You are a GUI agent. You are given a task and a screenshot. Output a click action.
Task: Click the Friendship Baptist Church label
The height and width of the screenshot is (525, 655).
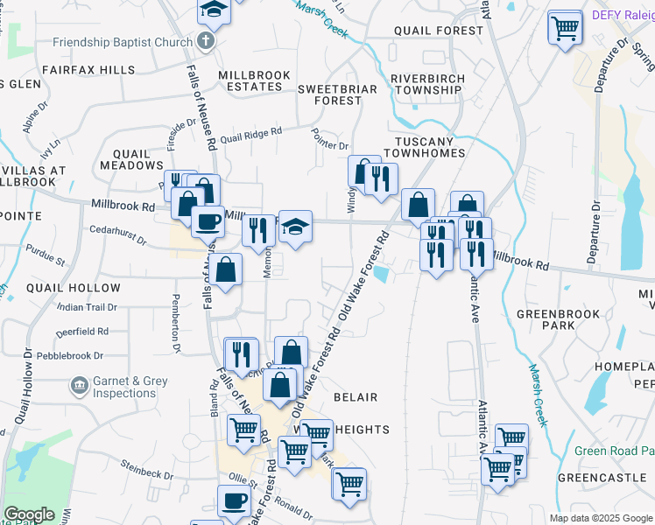[122, 42]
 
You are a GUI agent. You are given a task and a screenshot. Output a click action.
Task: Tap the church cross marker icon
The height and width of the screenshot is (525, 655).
[205, 41]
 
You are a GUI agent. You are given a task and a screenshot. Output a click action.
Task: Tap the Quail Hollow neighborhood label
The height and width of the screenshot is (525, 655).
[74, 288]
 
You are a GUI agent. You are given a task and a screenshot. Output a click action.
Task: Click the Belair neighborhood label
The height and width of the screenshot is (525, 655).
[356, 396]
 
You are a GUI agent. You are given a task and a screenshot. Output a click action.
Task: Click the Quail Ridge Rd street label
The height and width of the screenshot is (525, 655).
[250, 134]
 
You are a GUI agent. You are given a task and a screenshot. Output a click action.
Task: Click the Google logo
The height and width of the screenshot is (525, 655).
[29, 514]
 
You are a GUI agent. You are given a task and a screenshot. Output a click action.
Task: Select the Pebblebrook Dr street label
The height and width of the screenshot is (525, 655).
[81, 356]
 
